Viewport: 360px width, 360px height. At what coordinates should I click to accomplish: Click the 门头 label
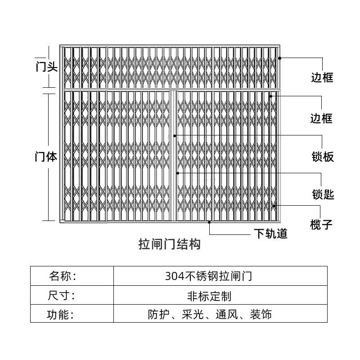(46, 67)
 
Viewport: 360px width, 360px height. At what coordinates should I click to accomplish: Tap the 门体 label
(46, 157)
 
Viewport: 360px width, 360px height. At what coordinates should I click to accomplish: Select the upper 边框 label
(322, 77)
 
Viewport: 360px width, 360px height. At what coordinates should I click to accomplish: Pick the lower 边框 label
(322, 118)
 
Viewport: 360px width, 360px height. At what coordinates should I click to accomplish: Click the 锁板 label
(323, 157)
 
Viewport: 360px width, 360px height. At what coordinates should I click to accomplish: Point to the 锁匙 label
(323, 195)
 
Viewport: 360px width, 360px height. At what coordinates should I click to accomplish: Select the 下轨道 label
(270, 234)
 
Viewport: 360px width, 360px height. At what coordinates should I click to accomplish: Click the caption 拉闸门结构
(169, 244)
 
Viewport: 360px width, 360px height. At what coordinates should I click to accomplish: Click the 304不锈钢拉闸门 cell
(208, 276)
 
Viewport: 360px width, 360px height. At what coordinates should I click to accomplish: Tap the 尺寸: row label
(61, 296)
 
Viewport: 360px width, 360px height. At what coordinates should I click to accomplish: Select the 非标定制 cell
(209, 296)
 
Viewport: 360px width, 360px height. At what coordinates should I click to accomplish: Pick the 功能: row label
(61, 314)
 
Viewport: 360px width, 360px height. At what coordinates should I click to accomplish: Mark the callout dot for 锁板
(175, 135)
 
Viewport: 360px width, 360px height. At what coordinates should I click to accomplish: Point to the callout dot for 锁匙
(178, 173)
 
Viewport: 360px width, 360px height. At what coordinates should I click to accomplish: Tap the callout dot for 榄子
(275, 205)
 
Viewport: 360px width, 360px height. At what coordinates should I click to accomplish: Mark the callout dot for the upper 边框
(279, 58)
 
